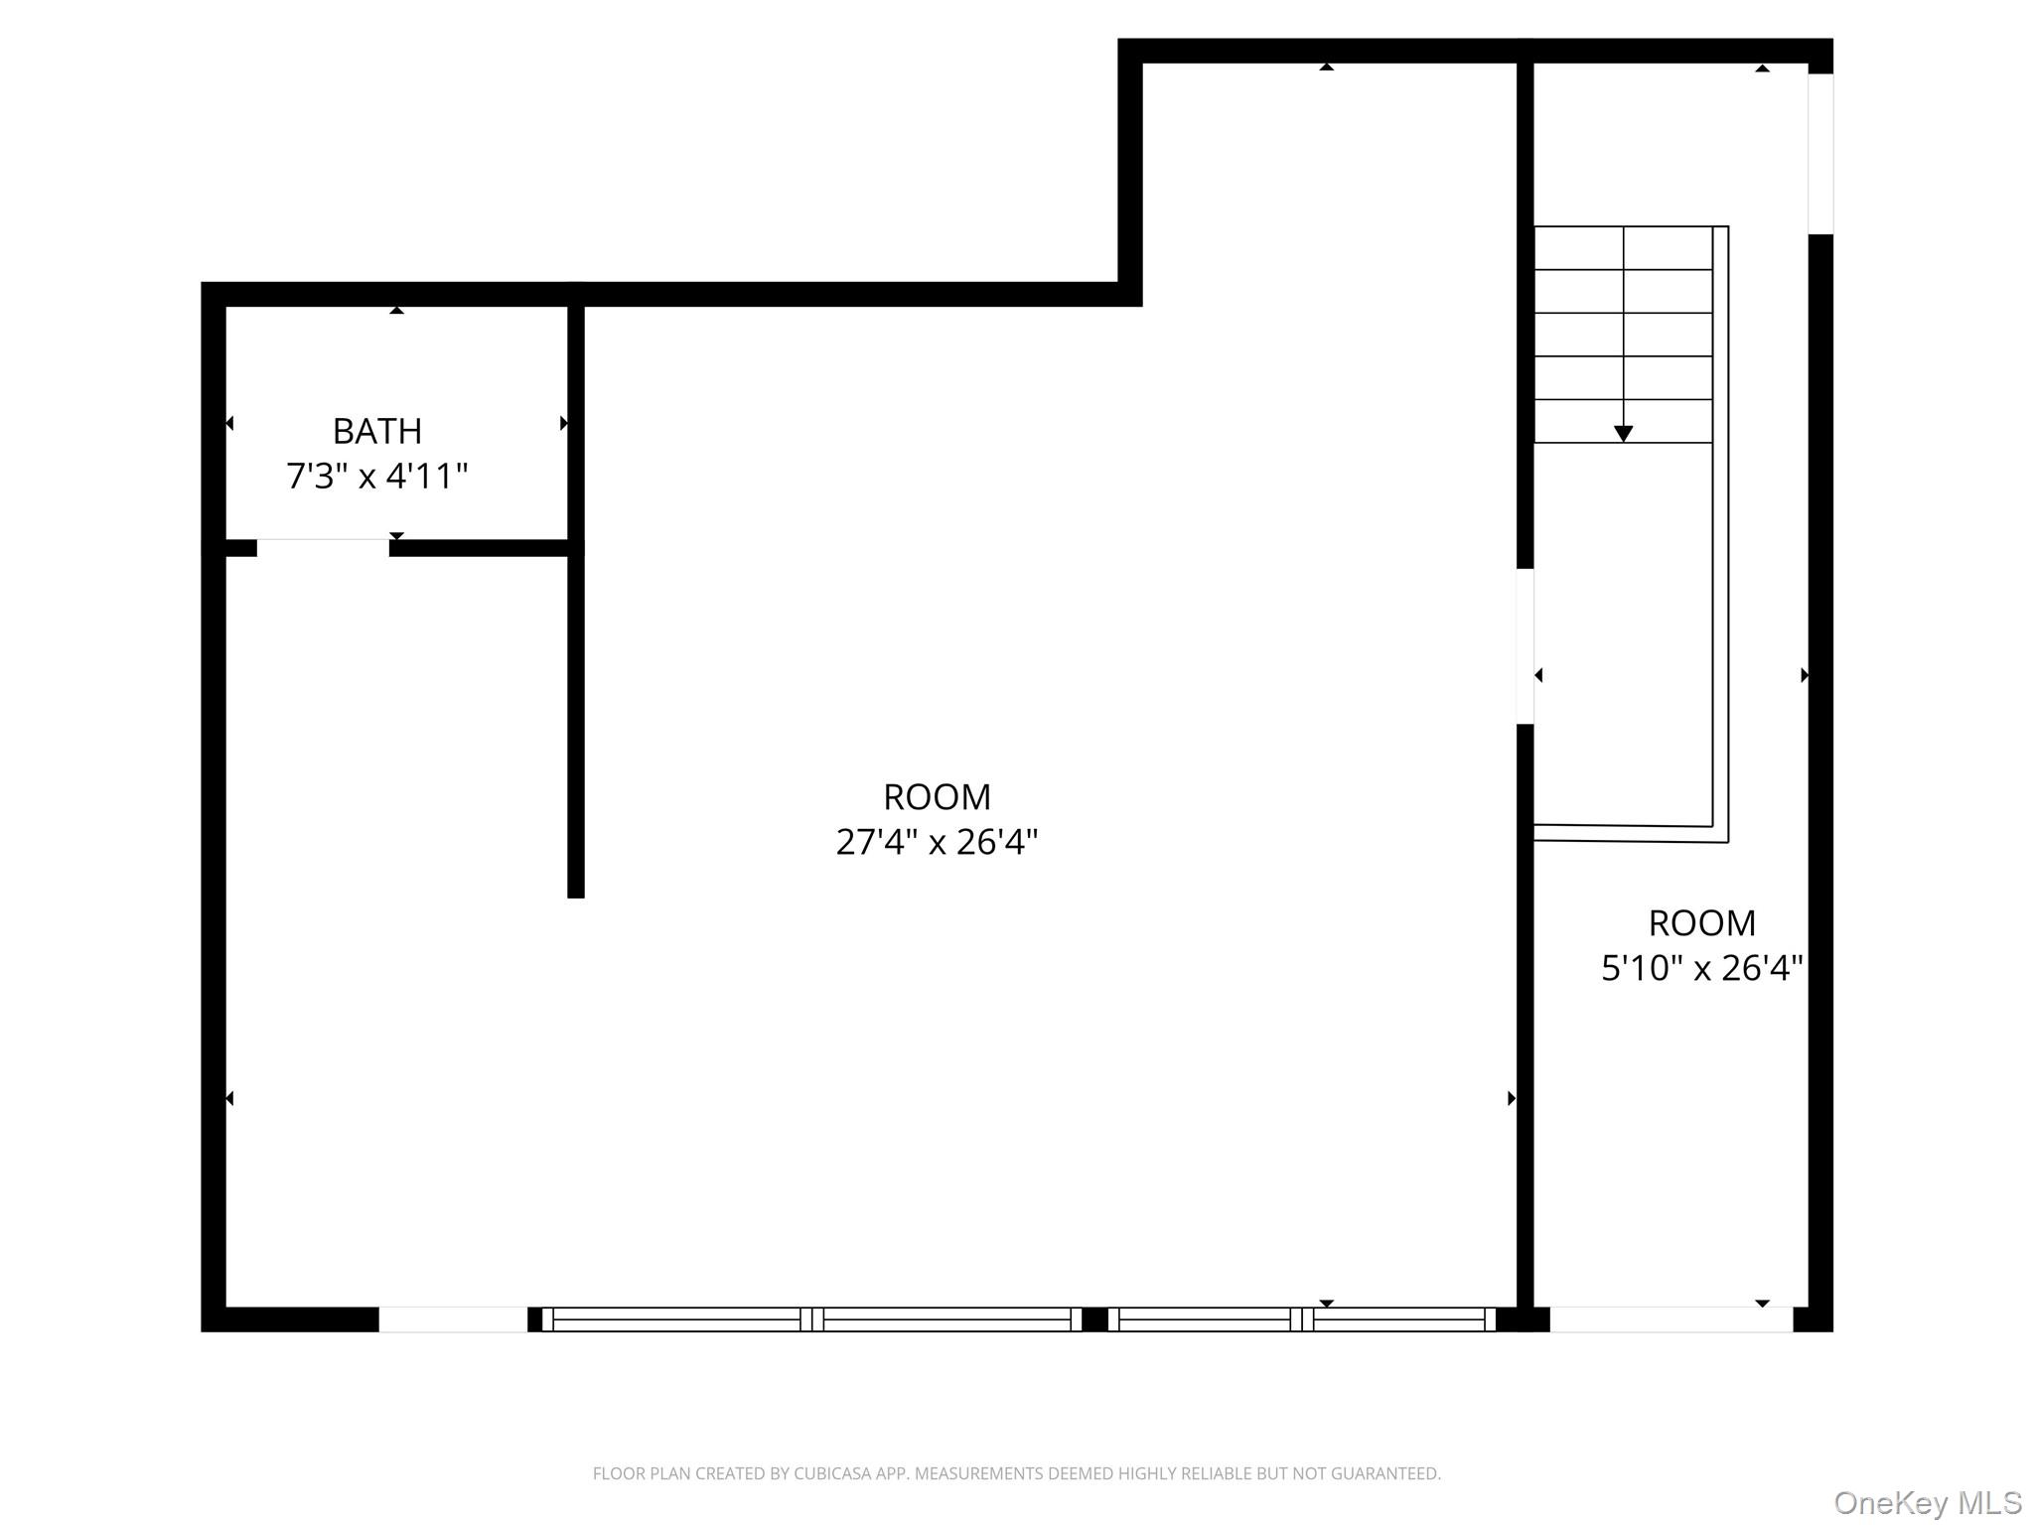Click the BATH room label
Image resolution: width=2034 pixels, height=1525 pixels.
point(376,431)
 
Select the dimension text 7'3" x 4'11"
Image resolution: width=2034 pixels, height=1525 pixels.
point(376,477)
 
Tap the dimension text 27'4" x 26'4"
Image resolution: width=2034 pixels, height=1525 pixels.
point(937,842)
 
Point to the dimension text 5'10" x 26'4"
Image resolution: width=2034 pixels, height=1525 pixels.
point(1701,968)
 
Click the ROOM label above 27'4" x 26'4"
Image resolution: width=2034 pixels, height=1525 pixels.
point(937,796)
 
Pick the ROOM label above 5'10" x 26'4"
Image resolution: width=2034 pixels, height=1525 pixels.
point(1701,922)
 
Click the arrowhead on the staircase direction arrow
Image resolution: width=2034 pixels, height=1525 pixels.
point(1623,434)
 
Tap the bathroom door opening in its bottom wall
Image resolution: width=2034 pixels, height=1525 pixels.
point(323,548)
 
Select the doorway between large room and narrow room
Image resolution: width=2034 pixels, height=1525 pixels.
point(1525,645)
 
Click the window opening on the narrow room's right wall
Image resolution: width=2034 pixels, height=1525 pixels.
point(1819,154)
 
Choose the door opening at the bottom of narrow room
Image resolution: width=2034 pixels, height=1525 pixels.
point(1671,1318)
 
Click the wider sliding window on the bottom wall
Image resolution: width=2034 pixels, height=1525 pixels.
point(811,1318)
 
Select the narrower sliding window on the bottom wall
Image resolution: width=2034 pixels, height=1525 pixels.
point(1301,1318)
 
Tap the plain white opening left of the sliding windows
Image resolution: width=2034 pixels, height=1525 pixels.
point(453,1318)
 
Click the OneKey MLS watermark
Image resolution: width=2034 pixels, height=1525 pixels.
point(1927,1502)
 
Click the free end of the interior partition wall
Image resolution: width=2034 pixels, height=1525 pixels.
point(575,892)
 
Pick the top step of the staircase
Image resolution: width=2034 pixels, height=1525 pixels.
point(1623,248)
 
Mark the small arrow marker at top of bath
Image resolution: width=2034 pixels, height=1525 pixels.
point(396,311)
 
